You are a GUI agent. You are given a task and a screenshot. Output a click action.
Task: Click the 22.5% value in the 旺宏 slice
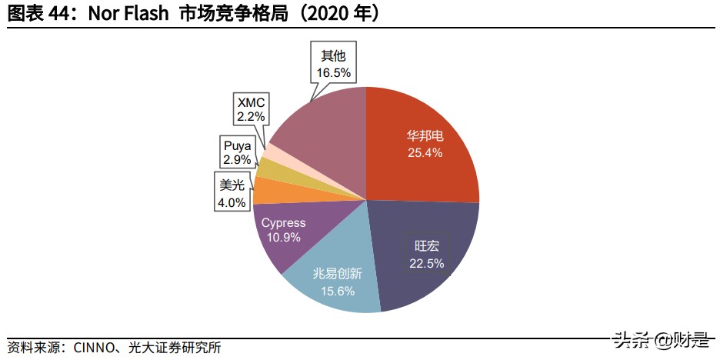[x=426, y=263]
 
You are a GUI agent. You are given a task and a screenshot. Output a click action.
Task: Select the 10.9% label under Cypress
[x=283, y=238]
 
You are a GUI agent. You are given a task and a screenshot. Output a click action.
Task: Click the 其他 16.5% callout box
[x=332, y=64]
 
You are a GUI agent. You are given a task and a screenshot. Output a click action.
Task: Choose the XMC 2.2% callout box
[x=251, y=109]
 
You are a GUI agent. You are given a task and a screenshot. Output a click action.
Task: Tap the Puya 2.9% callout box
[x=237, y=152]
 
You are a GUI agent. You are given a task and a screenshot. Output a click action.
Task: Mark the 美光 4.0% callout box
[x=232, y=194]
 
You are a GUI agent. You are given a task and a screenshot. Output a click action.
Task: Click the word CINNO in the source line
[x=94, y=348]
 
